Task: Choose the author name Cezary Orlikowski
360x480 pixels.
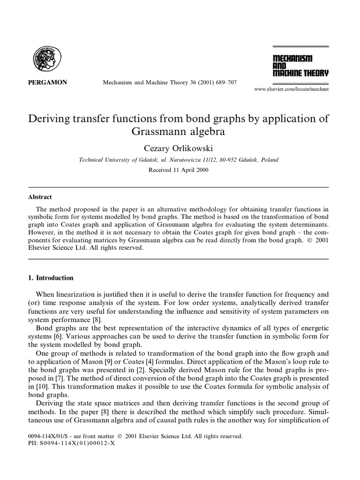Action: tap(180, 148)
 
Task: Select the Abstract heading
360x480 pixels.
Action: tap(41, 197)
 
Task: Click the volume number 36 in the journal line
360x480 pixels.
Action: tap(182, 82)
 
